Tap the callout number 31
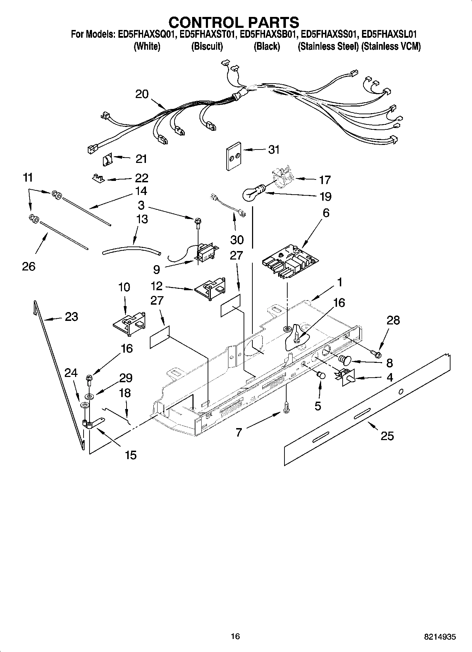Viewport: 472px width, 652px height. tap(274, 150)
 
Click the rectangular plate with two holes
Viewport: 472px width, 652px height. tap(233, 156)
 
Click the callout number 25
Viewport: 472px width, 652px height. tap(387, 436)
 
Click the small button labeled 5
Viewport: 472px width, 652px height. tap(321, 375)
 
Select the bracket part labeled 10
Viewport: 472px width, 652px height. tap(129, 323)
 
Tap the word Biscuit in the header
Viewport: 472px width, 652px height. tap(207, 47)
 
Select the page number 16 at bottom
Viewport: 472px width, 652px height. tap(235, 636)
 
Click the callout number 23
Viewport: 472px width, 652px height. tap(71, 317)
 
